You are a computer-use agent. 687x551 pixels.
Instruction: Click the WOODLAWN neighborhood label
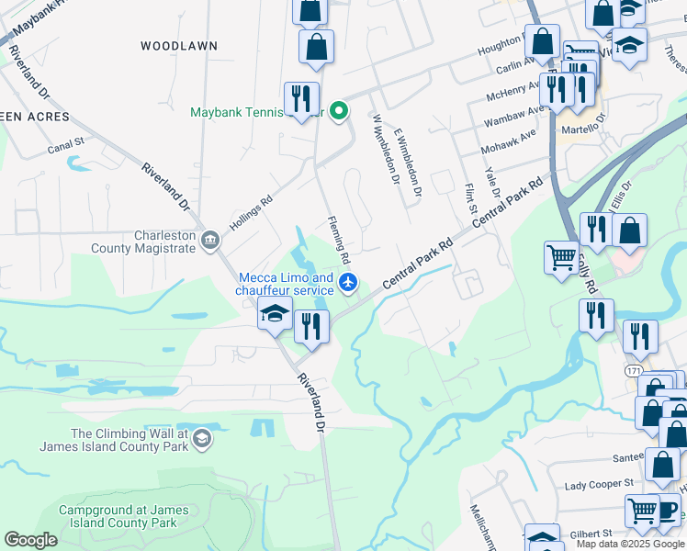tap(179, 45)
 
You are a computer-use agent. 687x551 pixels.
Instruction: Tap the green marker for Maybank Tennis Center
tap(339, 112)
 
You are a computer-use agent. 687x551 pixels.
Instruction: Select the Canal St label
tap(66, 142)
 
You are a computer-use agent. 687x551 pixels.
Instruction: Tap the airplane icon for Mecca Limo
tap(347, 283)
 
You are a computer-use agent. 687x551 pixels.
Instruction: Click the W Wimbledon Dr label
tap(384, 149)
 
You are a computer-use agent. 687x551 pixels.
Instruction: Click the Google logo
tap(30, 540)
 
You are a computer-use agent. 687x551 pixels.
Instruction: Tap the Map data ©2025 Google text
tap(629, 544)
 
